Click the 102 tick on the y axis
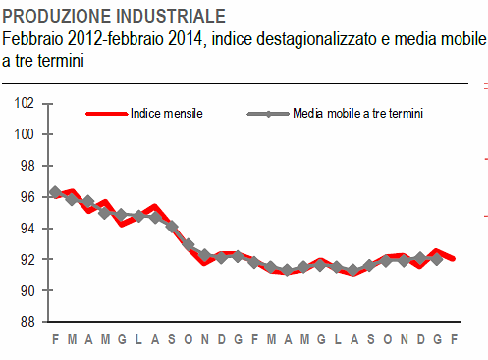click(x=26, y=103)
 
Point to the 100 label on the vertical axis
click(x=26, y=134)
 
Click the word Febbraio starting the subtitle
click(x=31, y=39)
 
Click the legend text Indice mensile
click(x=166, y=114)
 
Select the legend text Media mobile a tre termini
click(x=358, y=114)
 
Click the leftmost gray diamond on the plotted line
click(x=55, y=192)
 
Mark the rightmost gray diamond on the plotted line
click(x=437, y=258)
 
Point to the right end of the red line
click(x=453, y=259)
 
